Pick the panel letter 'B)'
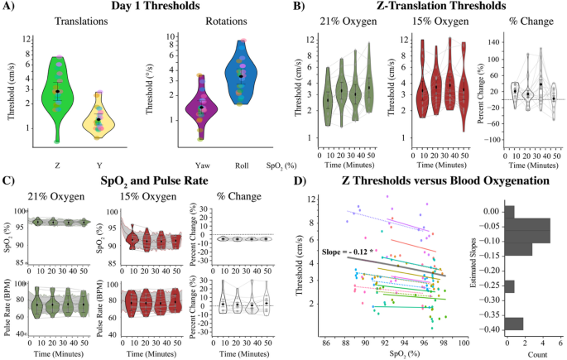click(x=300, y=8)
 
